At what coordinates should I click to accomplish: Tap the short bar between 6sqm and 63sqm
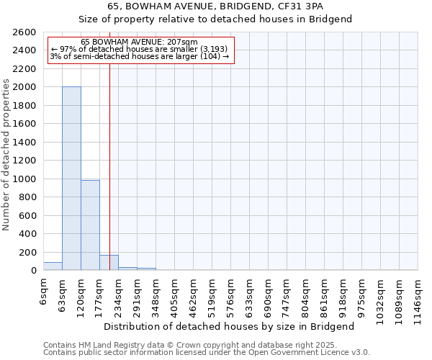[x=53, y=266]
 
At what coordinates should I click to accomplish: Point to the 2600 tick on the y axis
[x=25, y=32]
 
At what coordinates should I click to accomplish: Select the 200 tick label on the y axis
[x=27, y=252]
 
